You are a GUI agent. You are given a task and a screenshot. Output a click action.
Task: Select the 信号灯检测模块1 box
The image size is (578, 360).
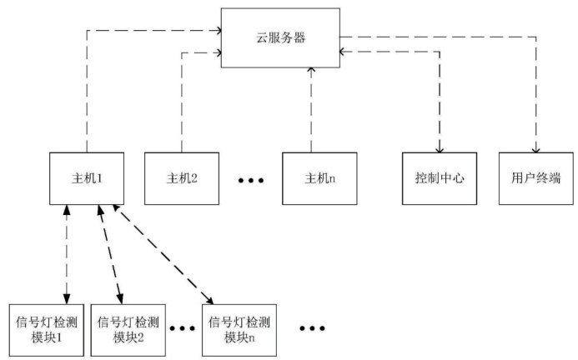[x=46, y=328]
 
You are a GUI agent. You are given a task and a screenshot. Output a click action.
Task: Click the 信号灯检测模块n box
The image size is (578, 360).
[x=239, y=328]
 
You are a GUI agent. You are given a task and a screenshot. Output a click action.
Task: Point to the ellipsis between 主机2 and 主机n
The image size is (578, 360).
[x=250, y=179]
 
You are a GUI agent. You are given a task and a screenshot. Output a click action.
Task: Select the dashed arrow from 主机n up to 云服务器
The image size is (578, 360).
[x=310, y=108]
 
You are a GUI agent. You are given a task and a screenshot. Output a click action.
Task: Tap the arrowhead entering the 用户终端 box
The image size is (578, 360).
[x=536, y=146]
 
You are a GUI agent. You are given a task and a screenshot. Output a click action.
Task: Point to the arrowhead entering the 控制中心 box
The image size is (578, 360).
[x=439, y=146]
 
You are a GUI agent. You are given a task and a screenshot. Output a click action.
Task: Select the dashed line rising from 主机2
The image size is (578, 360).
[x=181, y=100]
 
